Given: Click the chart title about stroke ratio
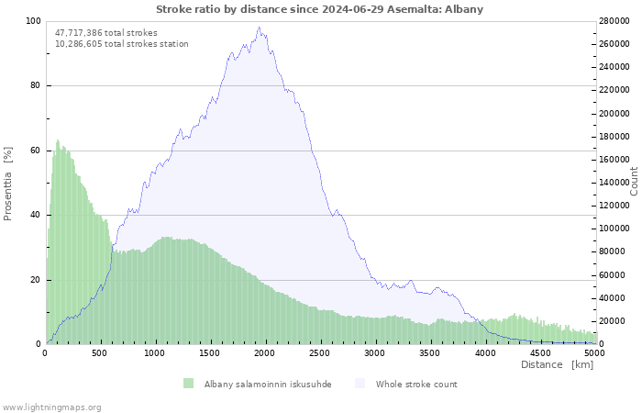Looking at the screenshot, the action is pos(319,9).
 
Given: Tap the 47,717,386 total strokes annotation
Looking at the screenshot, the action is pos(106,33).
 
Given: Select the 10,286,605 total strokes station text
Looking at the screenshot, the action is pos(122,44).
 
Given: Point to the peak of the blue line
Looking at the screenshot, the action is pos(259,28).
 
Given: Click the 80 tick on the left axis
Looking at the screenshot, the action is pos(35,85).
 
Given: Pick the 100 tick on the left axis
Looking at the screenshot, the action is pos(34,21).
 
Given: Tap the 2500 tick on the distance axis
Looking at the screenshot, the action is pos(319,353).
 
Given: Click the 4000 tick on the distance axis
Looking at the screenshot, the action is pos(485,353).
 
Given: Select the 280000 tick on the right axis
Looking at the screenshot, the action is pos(614,21).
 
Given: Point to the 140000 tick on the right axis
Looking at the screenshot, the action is pos(614,183).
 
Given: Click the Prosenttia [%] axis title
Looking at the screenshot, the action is pos(7,184).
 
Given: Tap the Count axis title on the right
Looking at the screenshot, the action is pos(634,181).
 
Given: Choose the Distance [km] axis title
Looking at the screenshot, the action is pos(558,364).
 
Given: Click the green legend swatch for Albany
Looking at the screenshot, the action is pos(188,384).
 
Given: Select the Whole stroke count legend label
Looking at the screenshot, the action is pos(416,385).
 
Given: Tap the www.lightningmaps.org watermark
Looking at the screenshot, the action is pos(50,407).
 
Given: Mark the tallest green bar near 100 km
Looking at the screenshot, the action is pos(58,241).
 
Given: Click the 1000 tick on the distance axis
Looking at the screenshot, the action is pos(154,353).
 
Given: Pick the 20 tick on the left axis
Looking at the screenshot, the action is pos(35,280).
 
